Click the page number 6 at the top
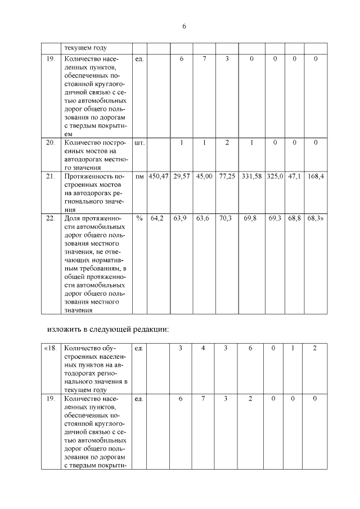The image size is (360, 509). pyautogui.click(x=183, y=26)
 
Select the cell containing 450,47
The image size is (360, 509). pyautogui.click(x=159, y=177)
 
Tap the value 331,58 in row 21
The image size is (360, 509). pyautogui.click(x=251, y=177)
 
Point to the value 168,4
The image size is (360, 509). pyautogui.click(x=316, y=177)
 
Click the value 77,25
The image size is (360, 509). pyautogui.click(x=226, y=177)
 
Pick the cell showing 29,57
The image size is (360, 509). pyautogui.click(x=181, y=177)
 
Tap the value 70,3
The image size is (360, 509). pyautogui.click(x=226, y=217)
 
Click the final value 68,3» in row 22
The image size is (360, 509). pyautogui.click(x=316, y=217)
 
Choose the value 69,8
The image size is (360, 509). pyautogui.click(x=251, y=217)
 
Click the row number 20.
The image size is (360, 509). pyautogui.click(x=51, y=143)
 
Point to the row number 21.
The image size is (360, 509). pyautogui.click(x=51, y=177)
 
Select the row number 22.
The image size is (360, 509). pyautogui.click(x=51, y=217)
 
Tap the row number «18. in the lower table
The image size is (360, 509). pyautogui.click(x=51, y=348)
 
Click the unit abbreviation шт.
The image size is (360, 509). pyautogui.click(x=139, y=143)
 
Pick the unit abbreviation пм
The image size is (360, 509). pyautogui.click(x=139, y=177)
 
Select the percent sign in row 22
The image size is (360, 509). pyautogui.click(x=139, y=217)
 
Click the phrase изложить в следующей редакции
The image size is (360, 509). pyautogui.click(x=107, y=328)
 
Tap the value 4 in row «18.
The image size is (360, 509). pyautogui.click(x=204, y=348)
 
